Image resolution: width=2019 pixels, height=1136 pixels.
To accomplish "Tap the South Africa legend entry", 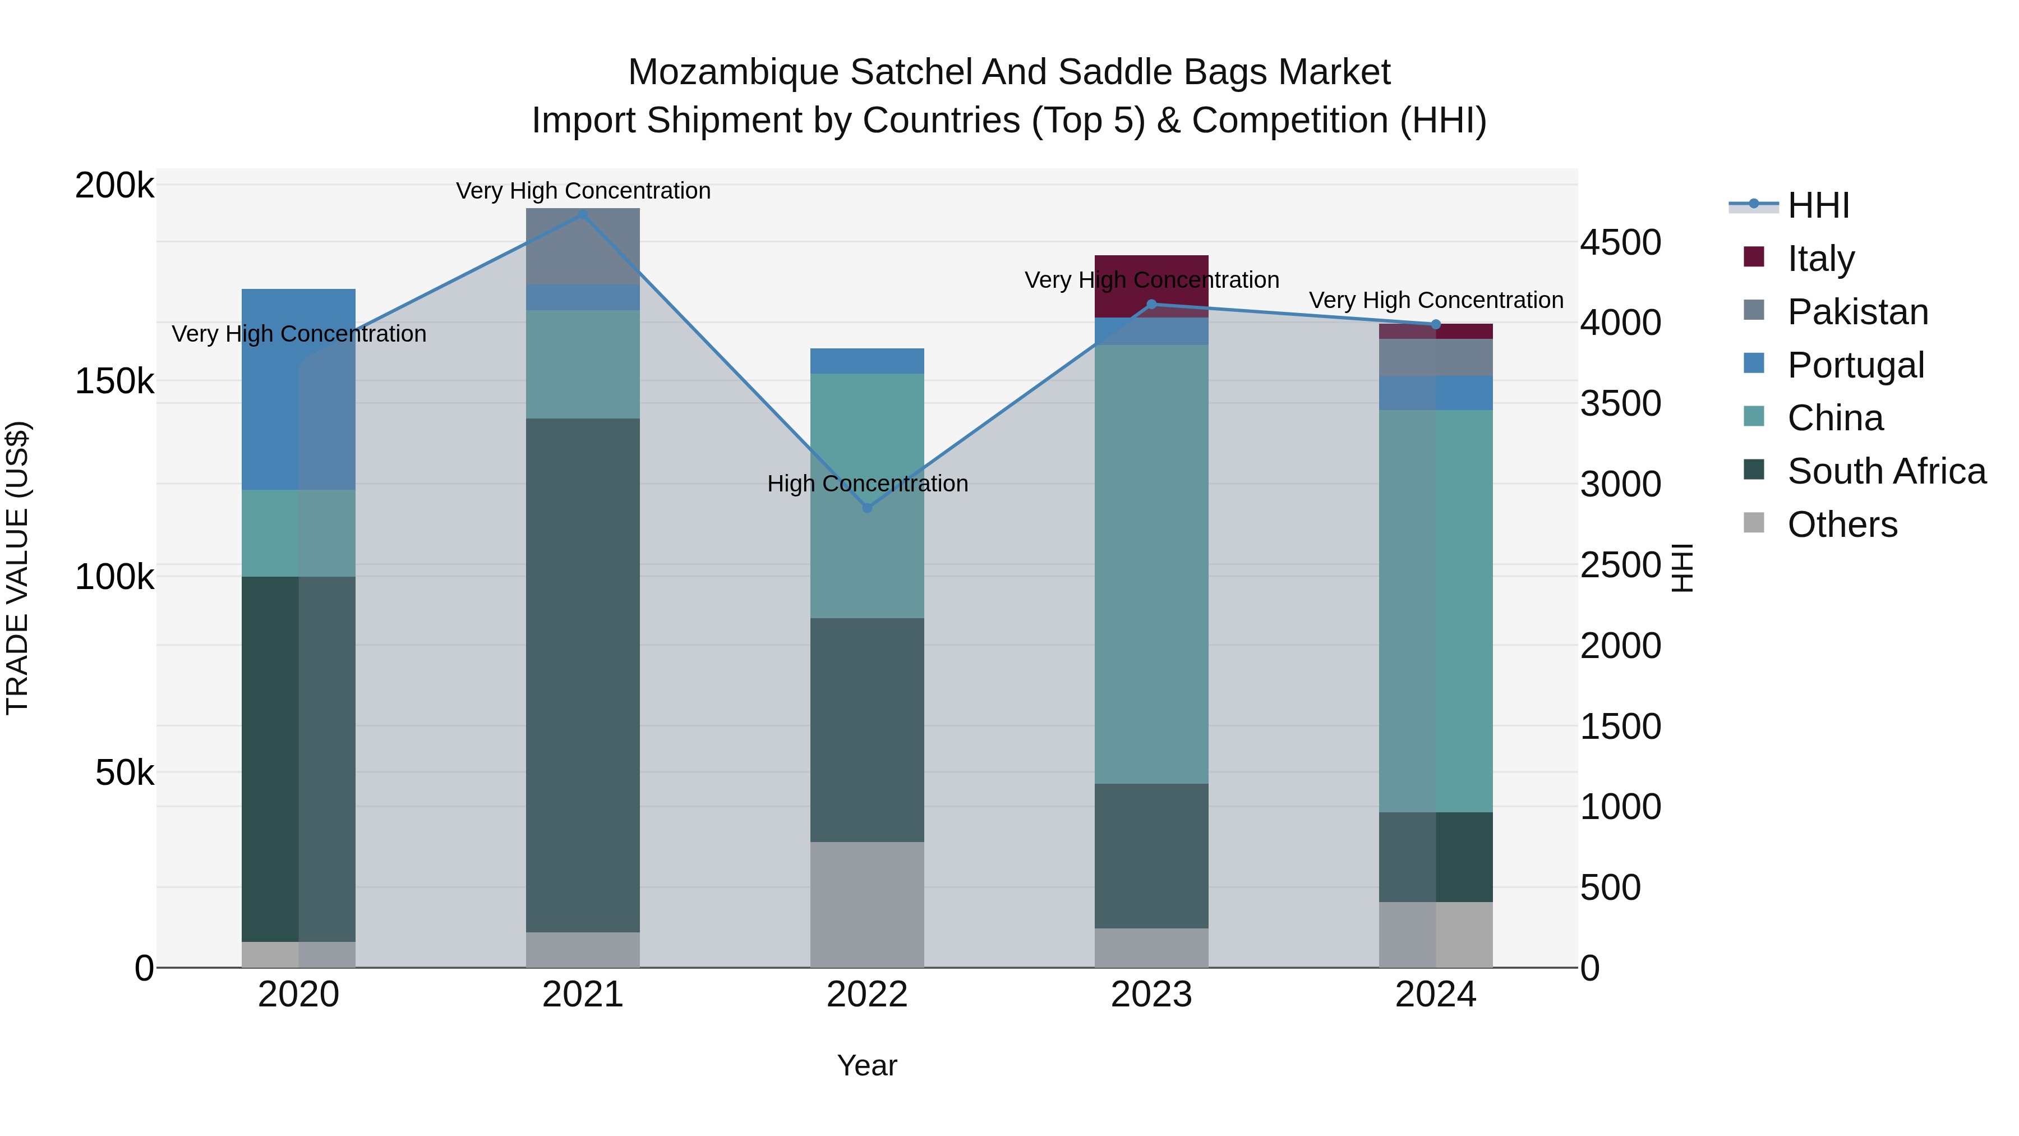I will coord(1886,471).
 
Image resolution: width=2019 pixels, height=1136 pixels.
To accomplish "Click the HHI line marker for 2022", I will coord(867,508).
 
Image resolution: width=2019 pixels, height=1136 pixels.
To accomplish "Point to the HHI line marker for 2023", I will coord(1151,304).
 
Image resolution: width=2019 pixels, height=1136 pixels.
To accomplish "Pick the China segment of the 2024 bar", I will coord(1436,611).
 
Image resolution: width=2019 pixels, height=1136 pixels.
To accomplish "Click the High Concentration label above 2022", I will coord(867,484).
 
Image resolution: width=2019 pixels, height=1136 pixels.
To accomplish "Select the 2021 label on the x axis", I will coord(582,995).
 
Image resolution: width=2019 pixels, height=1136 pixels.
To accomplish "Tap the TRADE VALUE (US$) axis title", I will coord(17,568).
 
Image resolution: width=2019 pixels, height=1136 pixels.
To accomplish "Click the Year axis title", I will coord(867,1065).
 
